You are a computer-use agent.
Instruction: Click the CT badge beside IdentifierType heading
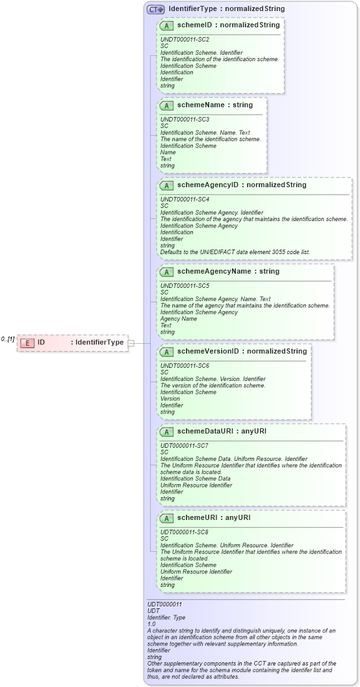click(x=155, y=9)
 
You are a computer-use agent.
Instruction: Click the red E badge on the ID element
click(x=27, y=343)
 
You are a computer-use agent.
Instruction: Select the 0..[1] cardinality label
click(x=8, y=339)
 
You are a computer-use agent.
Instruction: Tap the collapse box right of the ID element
click(x=131, y=343)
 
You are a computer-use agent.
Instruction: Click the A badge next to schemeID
click(x=166, y=25)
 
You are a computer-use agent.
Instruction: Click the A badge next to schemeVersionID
click(x=166, y=351)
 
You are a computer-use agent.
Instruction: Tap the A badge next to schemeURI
click(x=166, y=517)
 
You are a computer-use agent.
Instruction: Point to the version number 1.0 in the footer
click(x=152, y=624)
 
